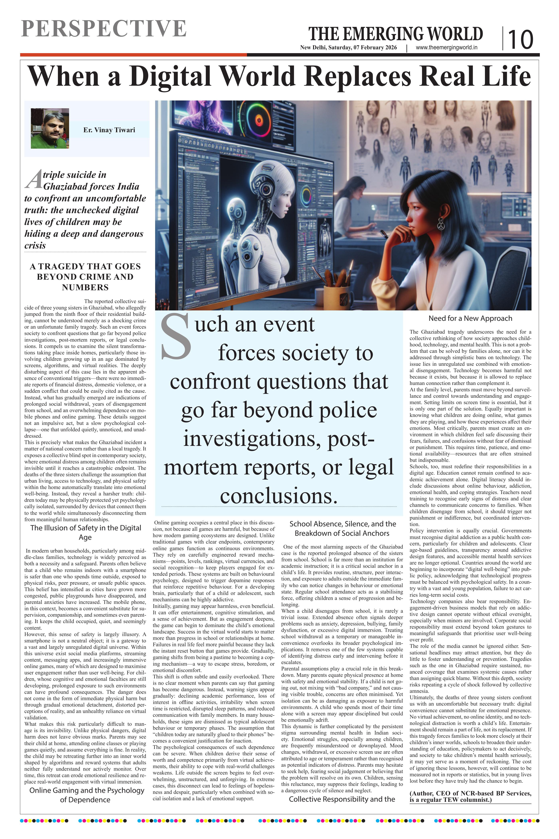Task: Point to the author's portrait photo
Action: point(50,128)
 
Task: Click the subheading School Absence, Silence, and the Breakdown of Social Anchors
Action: point(342,528)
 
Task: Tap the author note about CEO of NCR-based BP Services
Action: point(470,796)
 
